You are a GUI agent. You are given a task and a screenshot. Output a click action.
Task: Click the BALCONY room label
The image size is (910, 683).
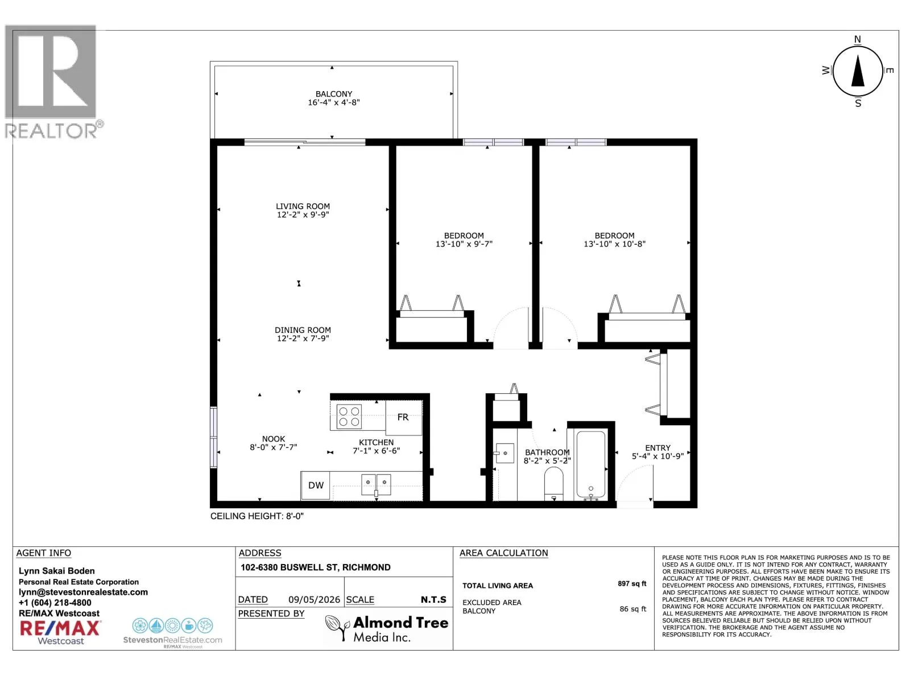pos(333,94)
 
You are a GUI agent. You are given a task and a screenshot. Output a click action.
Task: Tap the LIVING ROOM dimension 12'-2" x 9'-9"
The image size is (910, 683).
pos(303,215)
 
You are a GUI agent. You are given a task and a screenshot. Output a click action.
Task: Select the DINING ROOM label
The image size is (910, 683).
pos(303,330)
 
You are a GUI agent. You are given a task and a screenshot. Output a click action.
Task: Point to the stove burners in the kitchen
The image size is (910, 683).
pos(349,417)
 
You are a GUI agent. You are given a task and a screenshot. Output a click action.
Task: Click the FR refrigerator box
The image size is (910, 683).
pos(403,418)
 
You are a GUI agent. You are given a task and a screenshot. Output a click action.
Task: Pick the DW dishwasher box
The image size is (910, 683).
pos(315,485)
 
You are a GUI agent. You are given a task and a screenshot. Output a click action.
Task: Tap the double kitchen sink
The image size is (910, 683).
pos(376,485)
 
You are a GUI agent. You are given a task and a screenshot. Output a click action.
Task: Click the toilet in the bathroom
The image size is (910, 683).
pos(553,484)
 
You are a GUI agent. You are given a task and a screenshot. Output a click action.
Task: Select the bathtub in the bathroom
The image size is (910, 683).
pos(590,465)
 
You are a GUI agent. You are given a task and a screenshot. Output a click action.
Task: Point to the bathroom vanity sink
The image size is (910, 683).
pos(504,453)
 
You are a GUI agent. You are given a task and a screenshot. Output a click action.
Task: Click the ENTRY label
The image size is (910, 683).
pos(657,448)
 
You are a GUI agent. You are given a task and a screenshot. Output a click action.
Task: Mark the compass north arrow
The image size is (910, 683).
pos(857,71)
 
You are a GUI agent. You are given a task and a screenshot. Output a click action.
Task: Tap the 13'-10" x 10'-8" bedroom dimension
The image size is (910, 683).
pos(614,244)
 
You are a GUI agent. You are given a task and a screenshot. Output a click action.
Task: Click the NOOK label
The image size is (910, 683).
pos(273,439)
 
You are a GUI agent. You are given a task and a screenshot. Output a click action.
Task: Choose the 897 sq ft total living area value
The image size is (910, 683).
pos(631,583)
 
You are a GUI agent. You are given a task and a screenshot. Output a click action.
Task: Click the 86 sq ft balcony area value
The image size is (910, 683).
pos(632,609)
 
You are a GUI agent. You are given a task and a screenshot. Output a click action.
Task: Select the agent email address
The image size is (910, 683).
pos(84,592)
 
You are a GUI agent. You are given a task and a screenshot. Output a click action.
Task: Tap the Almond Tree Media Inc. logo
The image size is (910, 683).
pos(386,629)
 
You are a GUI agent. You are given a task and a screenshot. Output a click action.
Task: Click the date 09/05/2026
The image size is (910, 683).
pos(314,600)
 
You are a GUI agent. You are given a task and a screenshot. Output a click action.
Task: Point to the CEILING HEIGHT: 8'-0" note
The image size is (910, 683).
pos(257,516)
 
